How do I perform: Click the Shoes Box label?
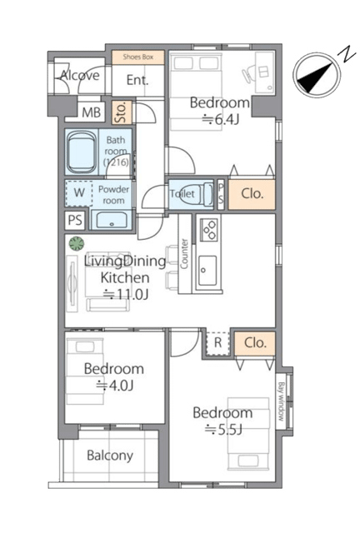click(138, 57)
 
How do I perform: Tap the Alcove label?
click(80, 76)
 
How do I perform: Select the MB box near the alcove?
click(91, 112)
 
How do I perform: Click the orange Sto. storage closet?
click(122, 112)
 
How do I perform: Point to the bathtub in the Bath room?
click(81, 152)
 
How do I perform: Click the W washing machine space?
click(79, 192)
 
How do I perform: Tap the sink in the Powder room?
click(112, 220)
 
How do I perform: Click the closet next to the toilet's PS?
click(252, 194)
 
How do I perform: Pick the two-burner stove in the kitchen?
click(209, 230)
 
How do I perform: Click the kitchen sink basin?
click(207, 271)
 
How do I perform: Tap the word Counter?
click(184, 253)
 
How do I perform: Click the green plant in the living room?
click(77, 243)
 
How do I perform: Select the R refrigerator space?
click(217, 342)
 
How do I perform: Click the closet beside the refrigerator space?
click(255, 343)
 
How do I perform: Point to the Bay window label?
click(281, 401)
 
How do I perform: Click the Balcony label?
click(110, 456)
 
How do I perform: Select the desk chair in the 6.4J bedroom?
click(248, 74)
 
